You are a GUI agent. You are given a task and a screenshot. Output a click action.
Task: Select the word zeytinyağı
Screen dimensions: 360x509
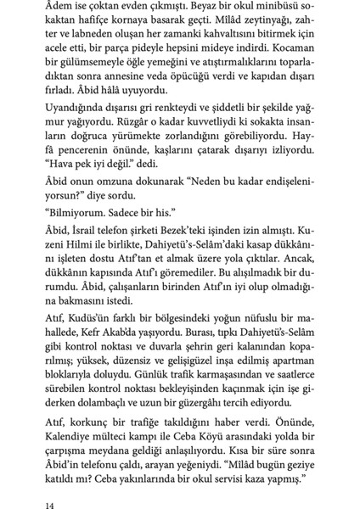(245, 26)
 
